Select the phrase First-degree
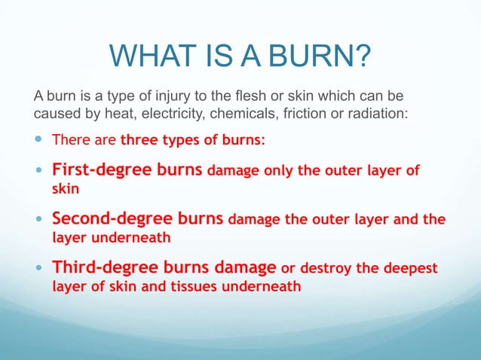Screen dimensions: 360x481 (97, 169)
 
